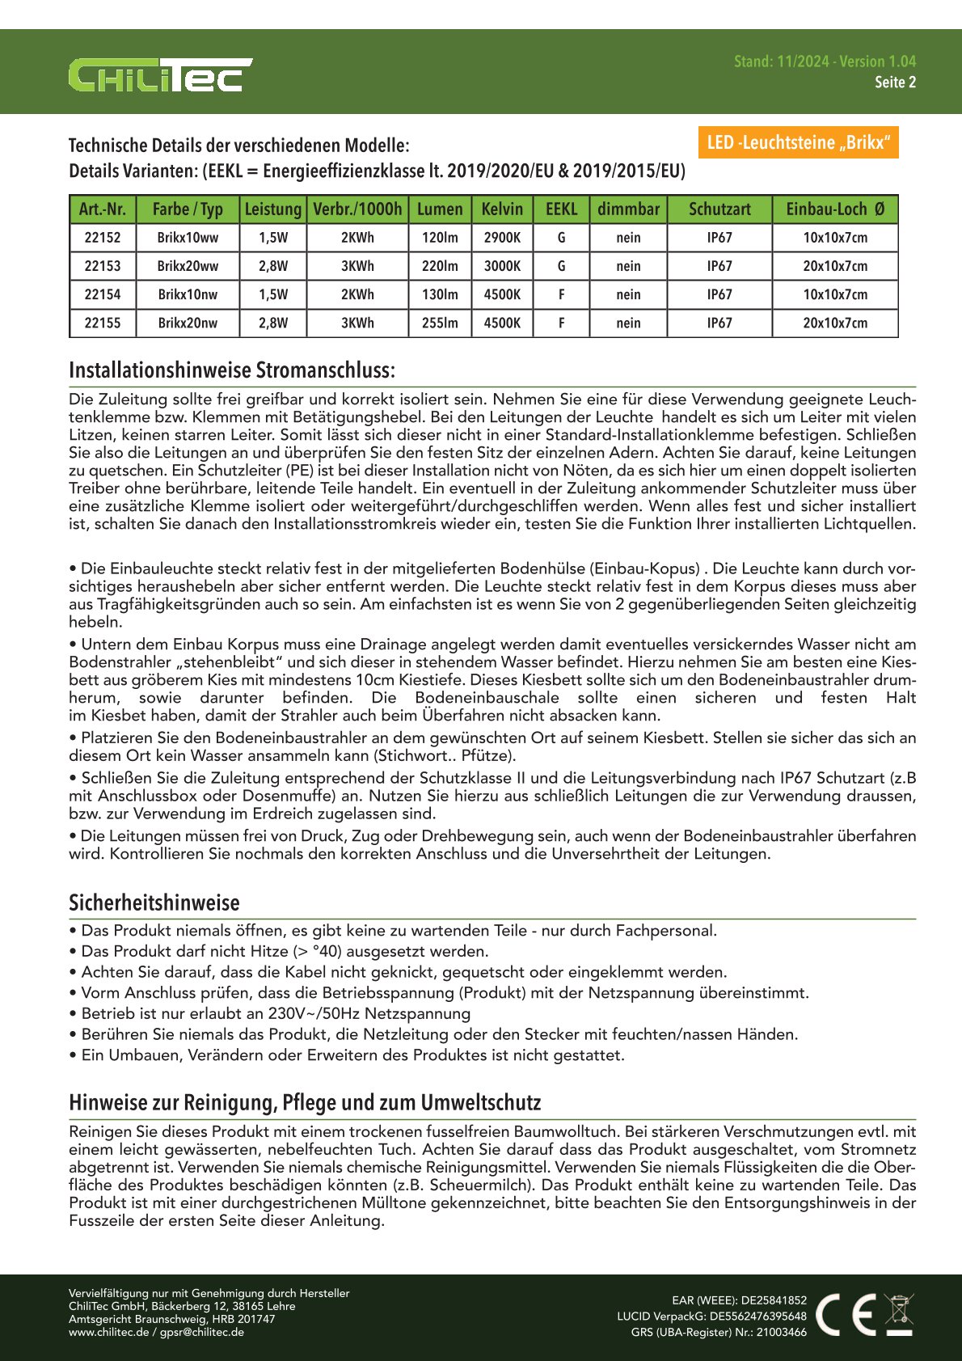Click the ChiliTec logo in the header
pyautogui.click(x=160, y=75)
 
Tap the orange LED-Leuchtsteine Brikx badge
pyautogui.click(x=797, y=143)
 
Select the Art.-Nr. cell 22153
pyautogui.click(x=103, y=266)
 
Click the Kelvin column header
pyautogui.click(x=502, y=209)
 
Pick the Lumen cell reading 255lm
pyautogui.click(x=440, y=323)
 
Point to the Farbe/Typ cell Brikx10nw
pyautogui.click(x=188, y=294)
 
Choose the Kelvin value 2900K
pyautogui.click(x=502, y=238)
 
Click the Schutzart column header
pyautogui.click(x=719, y=209)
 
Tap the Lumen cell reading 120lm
pyautogui.click(x=440, y=238)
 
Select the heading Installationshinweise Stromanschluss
pyautogui.click(x=232, y=370)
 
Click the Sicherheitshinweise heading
pyautogui.click(x=154, y=902)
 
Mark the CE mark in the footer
pyautogui.click(x=846, y=1314)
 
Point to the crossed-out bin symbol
pyautogui.click(x=899, y=1314)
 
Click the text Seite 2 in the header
pyautogui.click(x=895, y=82)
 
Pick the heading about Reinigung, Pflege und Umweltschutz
pyautogui.click(x=305, y=1103)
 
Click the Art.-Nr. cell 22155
pyautogui.click(x=103, y=323)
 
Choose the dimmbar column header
pyautogui.click(x=628, y=209)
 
